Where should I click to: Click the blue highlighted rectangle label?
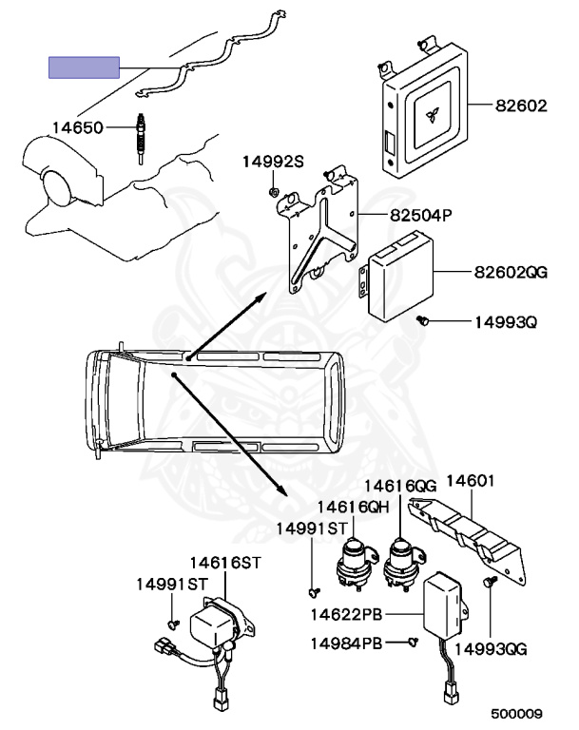[85, 67]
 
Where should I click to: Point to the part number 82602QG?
[511, 273]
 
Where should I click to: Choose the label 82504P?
[419, 215]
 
